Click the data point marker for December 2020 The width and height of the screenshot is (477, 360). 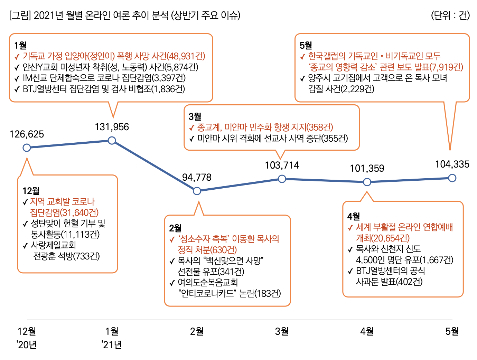click(27, 148)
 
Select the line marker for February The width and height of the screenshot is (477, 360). click(197, 191)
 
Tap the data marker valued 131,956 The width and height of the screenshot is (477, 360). click(112, 140)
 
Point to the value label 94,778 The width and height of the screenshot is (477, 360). click(197, 178)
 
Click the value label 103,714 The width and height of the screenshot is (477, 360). click(282, 165)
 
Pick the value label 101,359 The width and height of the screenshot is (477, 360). click(367, 169)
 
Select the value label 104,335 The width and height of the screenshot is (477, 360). click(452, 164)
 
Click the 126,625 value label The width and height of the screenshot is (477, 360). click(27, 134)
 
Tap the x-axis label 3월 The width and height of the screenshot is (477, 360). click(282, 332)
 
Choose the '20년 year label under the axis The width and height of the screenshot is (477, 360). click(27, 345)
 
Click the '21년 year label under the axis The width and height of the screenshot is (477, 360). click(112, 345)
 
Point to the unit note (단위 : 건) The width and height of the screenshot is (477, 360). click(450, 16)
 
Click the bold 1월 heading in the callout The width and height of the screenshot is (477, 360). click(20, 45)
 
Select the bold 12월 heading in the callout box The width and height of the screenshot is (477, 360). click(31, 191)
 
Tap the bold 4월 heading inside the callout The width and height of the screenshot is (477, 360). click(354, 216)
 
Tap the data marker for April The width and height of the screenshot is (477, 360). click(367, 182)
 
